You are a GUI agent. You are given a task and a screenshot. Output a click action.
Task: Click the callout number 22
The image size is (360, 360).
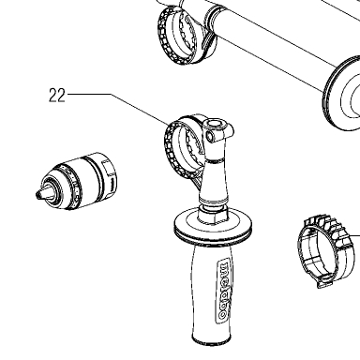click(57, 96)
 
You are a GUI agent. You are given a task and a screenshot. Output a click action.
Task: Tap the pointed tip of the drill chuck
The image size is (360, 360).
click(37, 194)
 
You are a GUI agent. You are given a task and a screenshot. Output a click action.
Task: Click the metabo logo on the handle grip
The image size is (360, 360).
click(223, 291)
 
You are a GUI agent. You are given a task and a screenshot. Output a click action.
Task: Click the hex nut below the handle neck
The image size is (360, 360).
click(214, 215)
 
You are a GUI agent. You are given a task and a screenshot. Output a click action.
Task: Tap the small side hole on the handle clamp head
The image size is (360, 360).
click(210, 136)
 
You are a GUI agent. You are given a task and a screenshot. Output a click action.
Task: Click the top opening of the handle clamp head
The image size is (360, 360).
click(215, 124)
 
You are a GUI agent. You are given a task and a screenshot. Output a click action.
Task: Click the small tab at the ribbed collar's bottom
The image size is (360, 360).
click(324, 282)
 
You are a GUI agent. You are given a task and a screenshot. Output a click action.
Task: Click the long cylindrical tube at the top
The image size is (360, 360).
click(275, 47)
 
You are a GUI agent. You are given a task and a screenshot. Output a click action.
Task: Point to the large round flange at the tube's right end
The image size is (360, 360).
click(341, 94)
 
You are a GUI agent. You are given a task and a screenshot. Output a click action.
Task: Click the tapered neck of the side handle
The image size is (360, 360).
click(213, 180)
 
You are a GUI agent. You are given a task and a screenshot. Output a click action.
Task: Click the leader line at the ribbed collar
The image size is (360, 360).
click(354, 235)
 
